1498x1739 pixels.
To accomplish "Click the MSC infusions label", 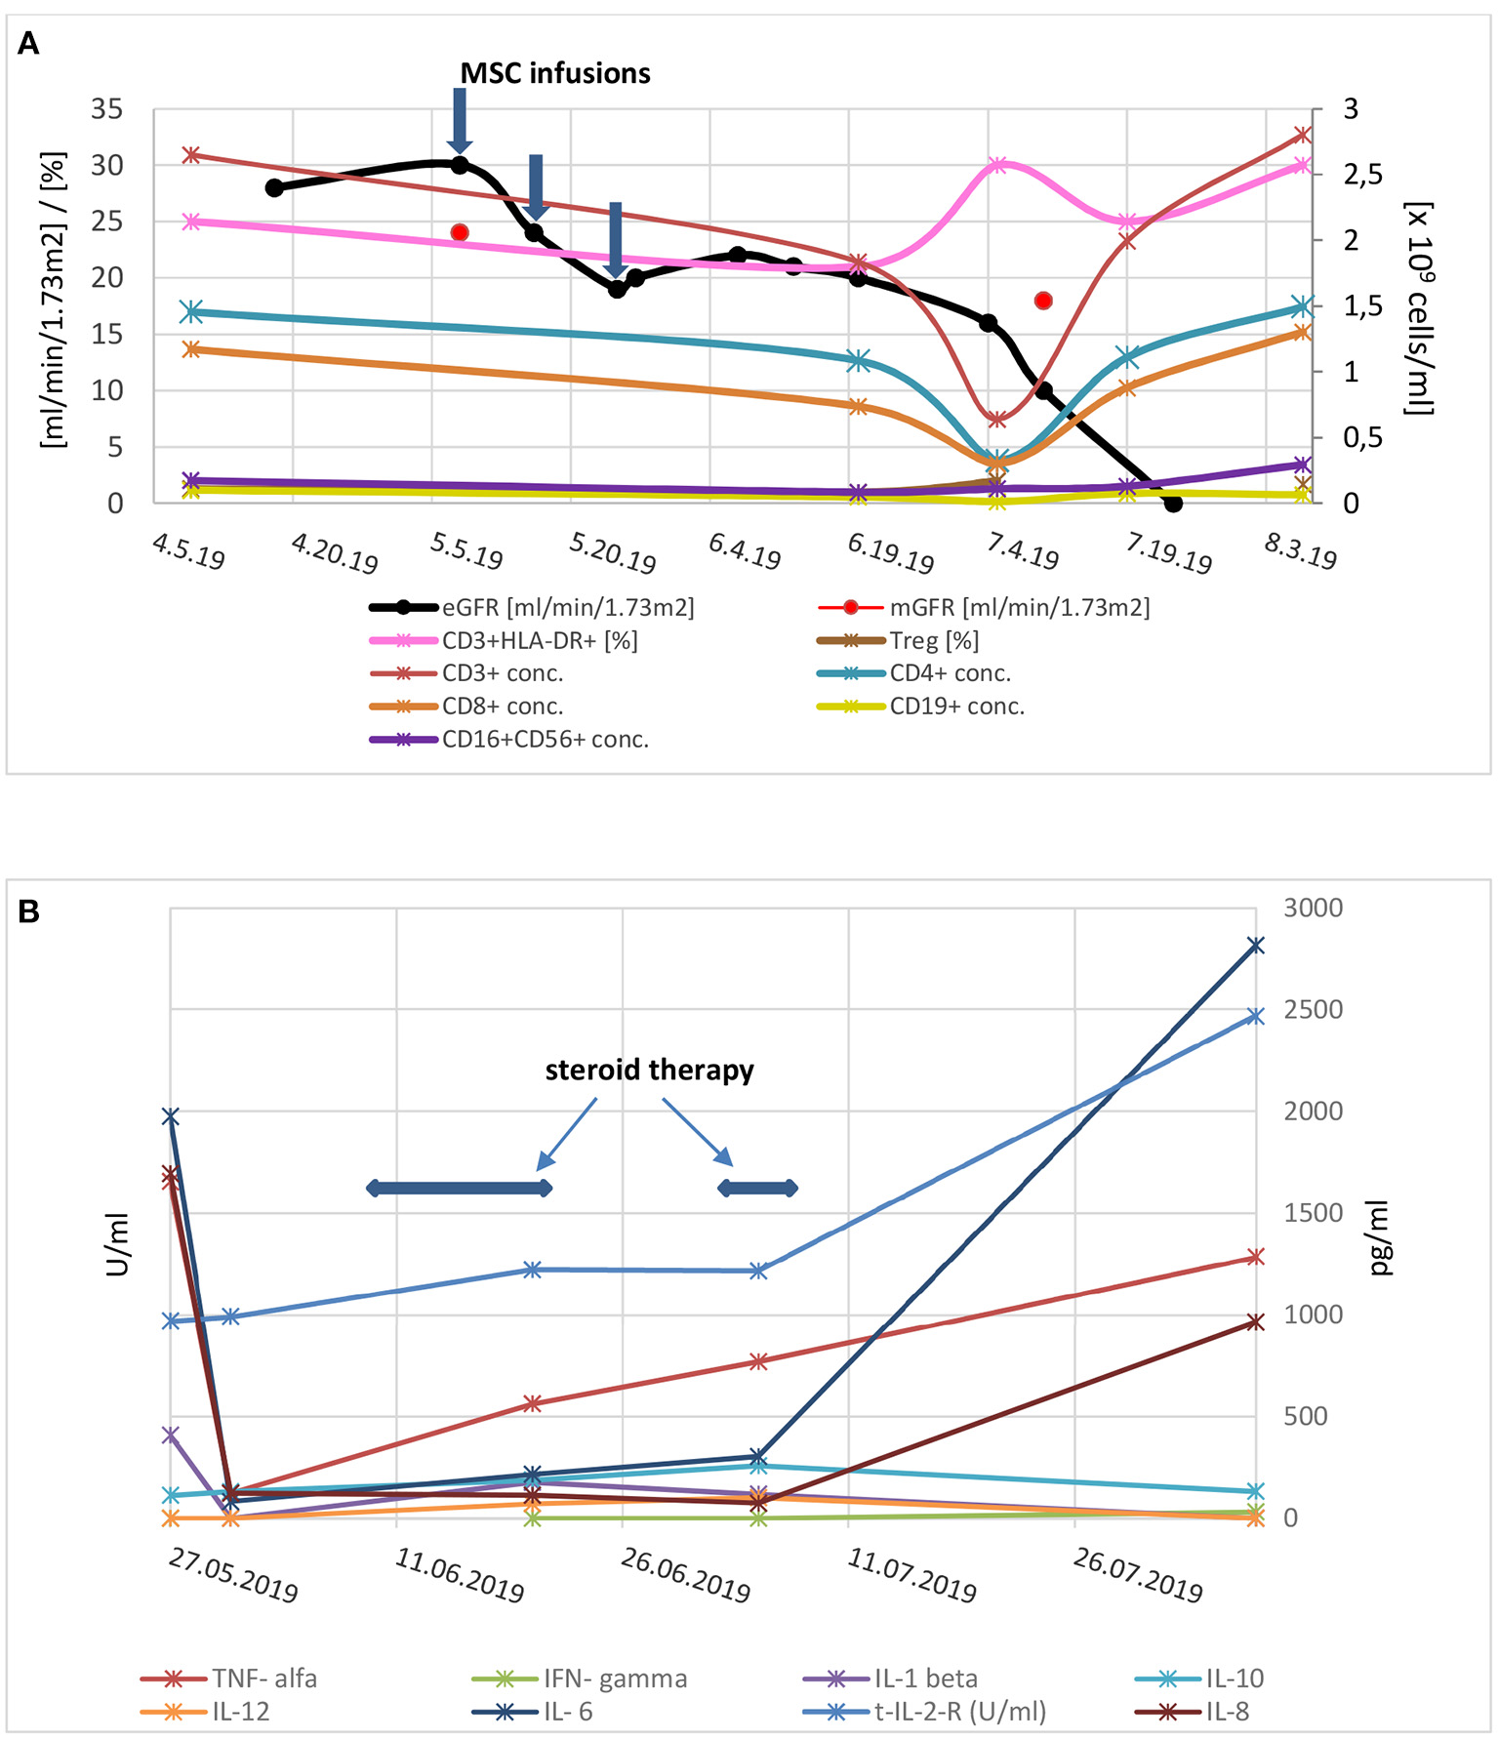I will (554, 73).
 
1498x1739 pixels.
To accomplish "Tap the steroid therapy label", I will (649, 1071).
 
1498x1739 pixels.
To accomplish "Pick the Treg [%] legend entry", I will (933, 640).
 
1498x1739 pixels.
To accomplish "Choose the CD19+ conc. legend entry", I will (956, 707).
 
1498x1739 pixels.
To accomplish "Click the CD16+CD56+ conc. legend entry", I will (545, 740).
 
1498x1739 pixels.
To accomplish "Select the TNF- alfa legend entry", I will (264, 1678).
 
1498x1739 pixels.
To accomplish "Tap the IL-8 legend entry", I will (1227, 1712).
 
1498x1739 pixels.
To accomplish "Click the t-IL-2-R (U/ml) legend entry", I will (959, 1712).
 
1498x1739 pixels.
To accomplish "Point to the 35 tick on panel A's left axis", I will (106, 109).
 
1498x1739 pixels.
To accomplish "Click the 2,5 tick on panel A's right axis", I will (1363, 175).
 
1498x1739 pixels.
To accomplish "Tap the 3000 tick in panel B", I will (1313, 908).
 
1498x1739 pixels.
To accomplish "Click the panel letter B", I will (29, 911).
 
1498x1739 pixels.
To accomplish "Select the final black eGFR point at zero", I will (1173, 504).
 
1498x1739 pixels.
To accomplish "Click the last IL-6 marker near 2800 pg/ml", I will (1256, 945).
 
